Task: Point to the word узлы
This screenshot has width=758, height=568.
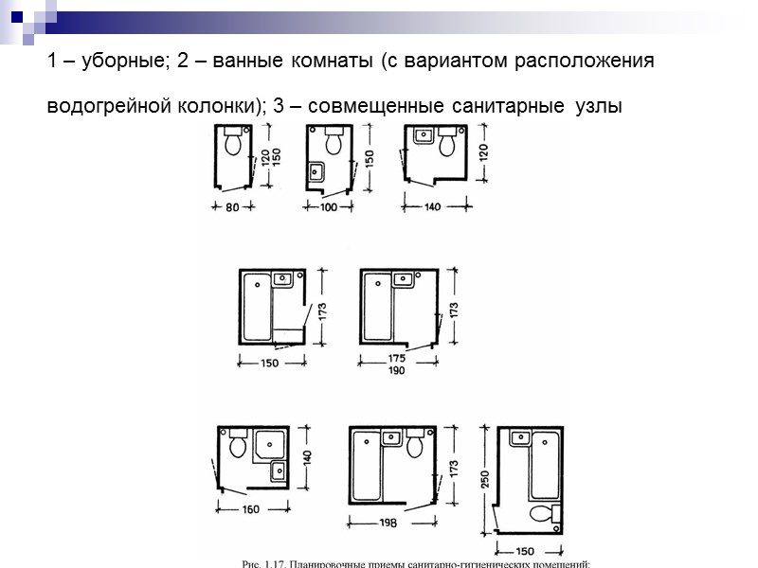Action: coord(598,106)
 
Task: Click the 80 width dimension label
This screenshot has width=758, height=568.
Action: coord(231,207)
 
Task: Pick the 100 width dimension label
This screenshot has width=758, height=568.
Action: coord(329,207)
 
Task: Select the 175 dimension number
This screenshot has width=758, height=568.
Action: coord(396,360)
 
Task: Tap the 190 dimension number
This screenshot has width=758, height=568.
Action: coord(396,372)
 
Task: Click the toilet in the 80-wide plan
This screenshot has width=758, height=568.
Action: coord(234,143)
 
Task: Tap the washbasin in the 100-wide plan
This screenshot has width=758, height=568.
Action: coord(317,172)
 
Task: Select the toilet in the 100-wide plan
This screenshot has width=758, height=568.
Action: coord(334,143)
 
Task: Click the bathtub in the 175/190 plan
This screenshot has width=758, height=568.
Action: coord(378,308)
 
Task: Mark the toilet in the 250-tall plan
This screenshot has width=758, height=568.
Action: coord(544,514)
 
